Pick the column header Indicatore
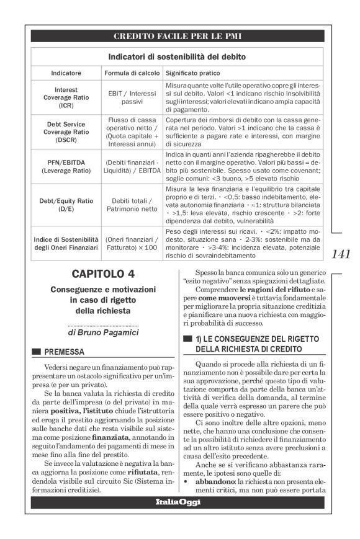[66, 73]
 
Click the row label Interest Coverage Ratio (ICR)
[66, 97]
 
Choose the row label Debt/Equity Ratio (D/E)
[66, 205]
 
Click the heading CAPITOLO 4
[103, 274]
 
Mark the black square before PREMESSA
[37, 352]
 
